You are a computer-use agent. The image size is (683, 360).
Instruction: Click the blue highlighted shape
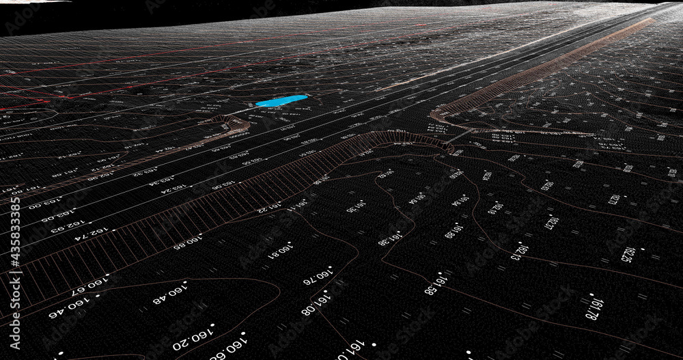click(281, 101)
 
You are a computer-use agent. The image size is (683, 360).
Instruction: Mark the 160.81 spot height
click(281, 251)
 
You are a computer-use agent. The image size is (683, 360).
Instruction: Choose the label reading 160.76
click(318, 275)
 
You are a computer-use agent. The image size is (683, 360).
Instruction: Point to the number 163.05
click(57, 216)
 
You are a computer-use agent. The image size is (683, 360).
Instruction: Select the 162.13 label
click(520, 251)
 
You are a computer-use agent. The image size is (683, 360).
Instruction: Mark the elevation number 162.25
click(628, 253)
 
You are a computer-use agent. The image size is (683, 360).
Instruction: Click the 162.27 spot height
click(550, 222)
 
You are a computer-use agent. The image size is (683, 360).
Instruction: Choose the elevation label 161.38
click(389, 238)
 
